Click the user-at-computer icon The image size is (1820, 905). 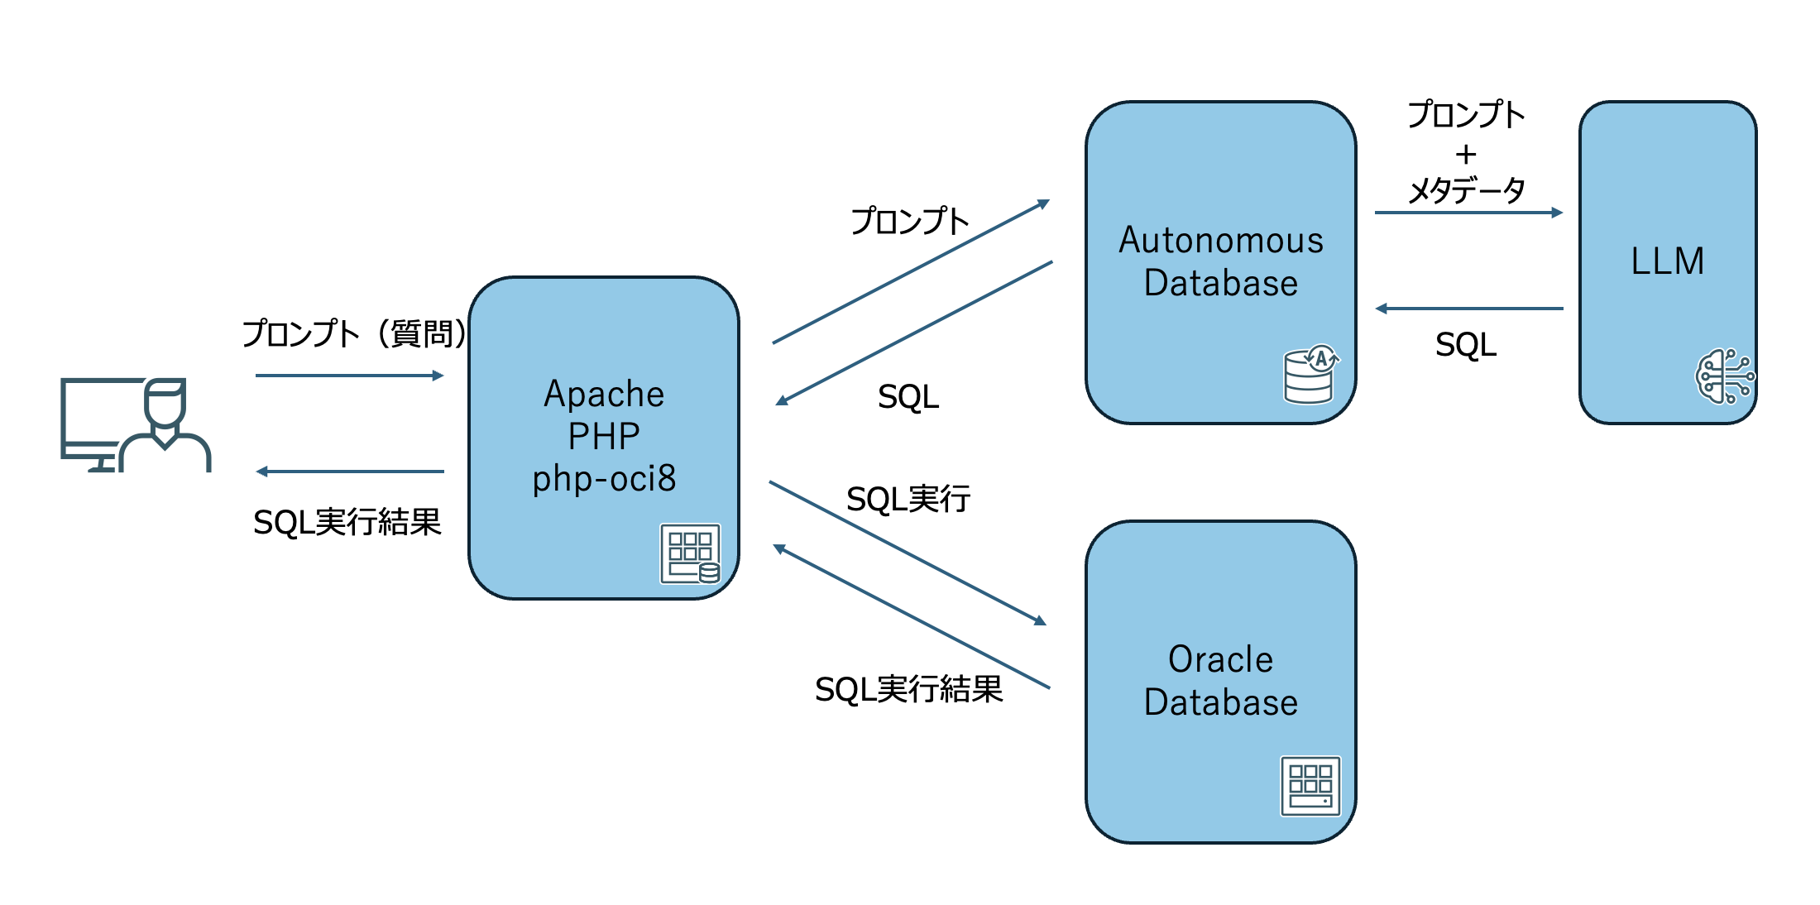(136, 424)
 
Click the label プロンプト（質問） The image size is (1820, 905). (354, 334)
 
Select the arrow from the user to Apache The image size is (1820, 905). (349, 376)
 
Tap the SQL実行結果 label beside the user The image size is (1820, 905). (347, 522)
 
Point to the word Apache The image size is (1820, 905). (604, 394)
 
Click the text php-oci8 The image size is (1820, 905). (604, 479)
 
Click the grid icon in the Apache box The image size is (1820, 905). (690, 553)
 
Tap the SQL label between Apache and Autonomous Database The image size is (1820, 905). (908, 397)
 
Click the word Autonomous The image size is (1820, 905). (1220, 241)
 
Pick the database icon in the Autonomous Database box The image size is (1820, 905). (1310, 375)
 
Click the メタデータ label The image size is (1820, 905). (1466, 190)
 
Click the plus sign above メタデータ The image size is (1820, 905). (1466, 154)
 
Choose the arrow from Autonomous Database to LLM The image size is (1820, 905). (1468, 213)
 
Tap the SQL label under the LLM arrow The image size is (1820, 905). (1465, 345)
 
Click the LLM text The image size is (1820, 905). (1667, 261)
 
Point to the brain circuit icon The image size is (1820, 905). (1723, 376)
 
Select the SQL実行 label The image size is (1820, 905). (908, 499)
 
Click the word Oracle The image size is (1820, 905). (1220, 660)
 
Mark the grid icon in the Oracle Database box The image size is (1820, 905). (1310, 786)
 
